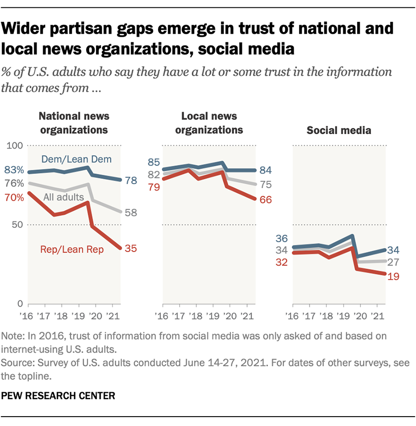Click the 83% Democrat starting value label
coord(13,170)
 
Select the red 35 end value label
coord(131,249)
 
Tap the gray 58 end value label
coord(131,213)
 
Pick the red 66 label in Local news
coord(266,199)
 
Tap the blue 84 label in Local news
coord(266,170)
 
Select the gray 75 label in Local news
coord(266,185)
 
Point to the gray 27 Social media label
coord(394,262)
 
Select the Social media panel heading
coord(339,131)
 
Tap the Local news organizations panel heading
coord(208,123)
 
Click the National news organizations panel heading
coord(74,123)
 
